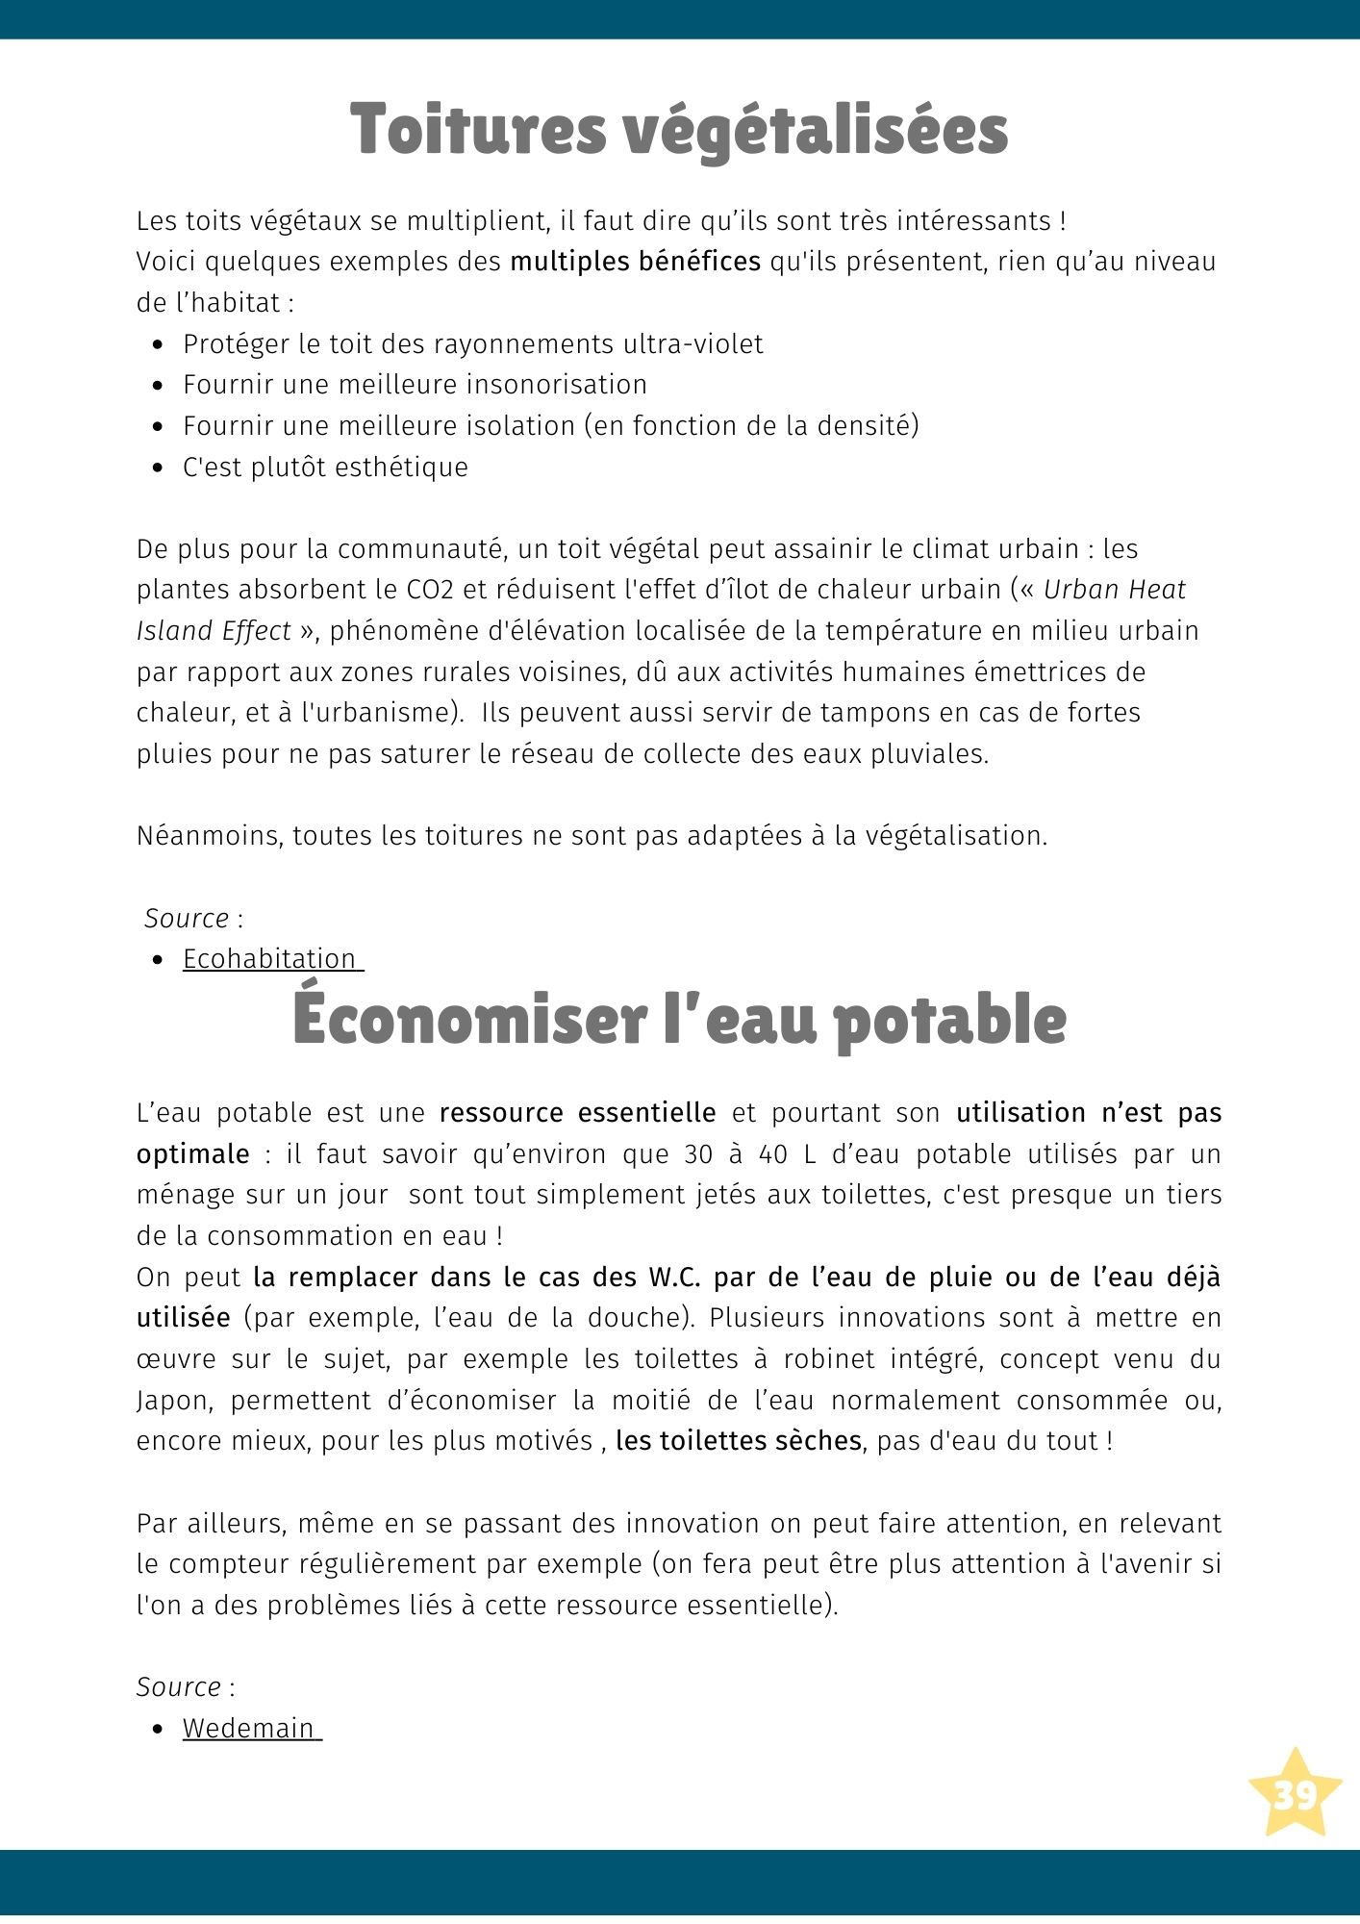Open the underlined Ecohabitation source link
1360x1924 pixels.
[x=269, y=959]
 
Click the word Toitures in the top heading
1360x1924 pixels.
[x=477, y=130]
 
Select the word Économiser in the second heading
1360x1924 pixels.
[x=468, y=1020]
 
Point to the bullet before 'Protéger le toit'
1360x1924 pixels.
[x=159, y=344]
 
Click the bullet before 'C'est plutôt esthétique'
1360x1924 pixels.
[x=159, y=468]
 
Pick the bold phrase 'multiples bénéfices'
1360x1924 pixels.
[x=635, y=262]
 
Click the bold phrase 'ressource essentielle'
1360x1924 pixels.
[x=577, y=1113]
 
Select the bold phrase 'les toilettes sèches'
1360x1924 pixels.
[x=738, y=1441]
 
